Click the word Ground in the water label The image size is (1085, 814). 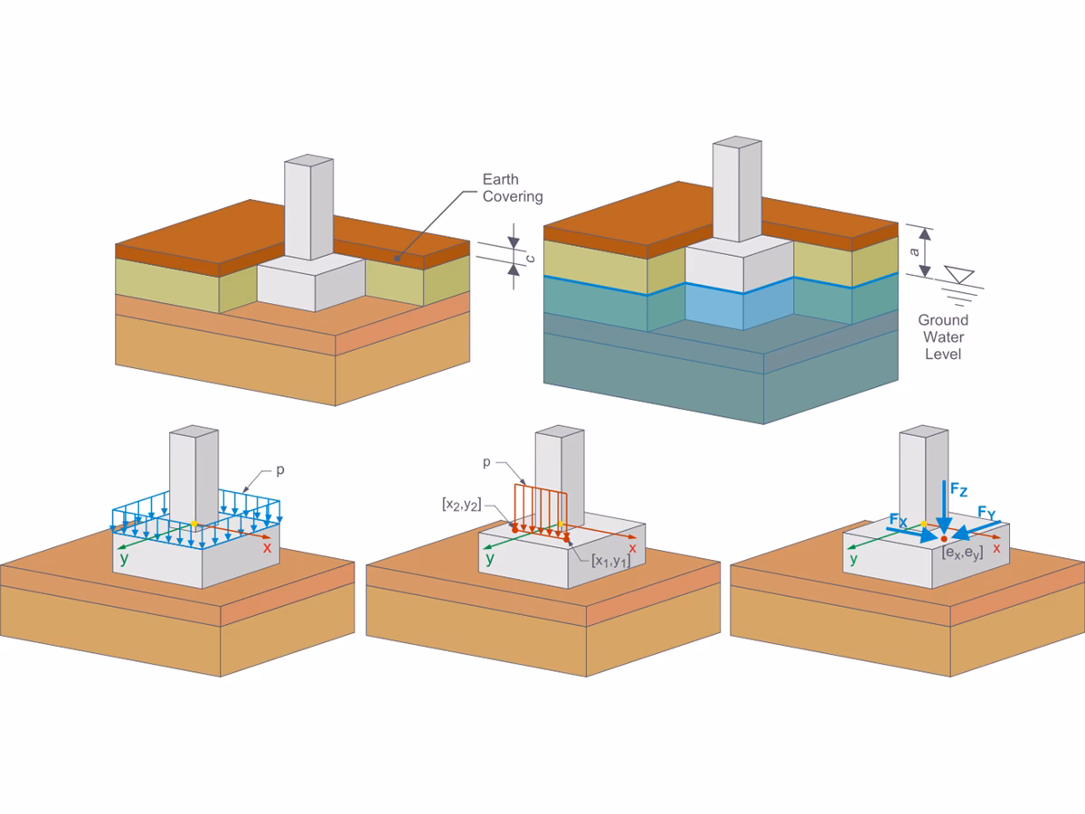pyautogui.click(x=943, y=319)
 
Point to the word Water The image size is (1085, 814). pyautogui.click(x=943, y=336)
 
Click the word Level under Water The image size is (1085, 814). pyautogui.click(x=943, y=354)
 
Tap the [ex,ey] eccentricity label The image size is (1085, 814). pyautogui.click(x=961, y=551)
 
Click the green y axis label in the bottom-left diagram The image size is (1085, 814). pyautogui.click(x=125, y=558)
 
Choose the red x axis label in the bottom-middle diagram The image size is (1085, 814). pyautogui.click(x=632, y=547)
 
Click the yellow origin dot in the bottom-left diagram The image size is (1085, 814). pyautogui.click(x=193, y=524)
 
